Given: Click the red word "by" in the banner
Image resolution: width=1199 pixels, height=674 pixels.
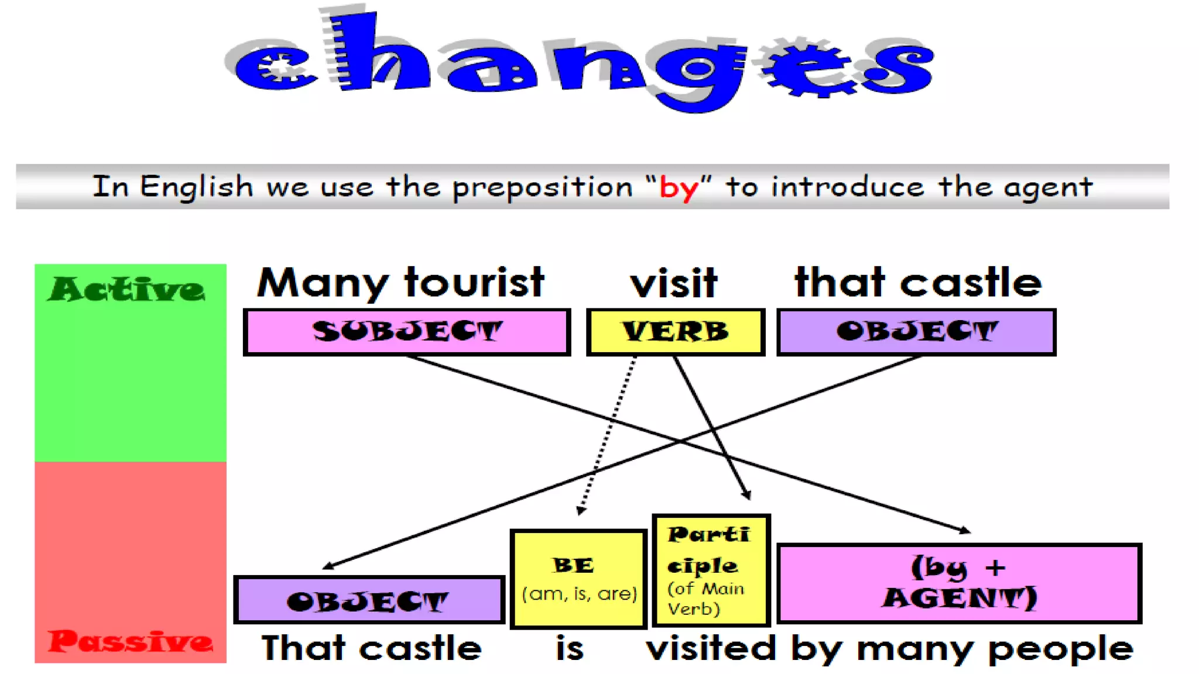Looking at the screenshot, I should point(679,188).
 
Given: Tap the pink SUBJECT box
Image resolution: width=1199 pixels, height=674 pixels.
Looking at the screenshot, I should point(407,332).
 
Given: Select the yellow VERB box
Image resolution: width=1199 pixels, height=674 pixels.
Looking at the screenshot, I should point(676,332).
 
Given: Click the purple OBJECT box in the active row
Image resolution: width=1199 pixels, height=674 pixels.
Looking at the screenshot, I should point(916,332).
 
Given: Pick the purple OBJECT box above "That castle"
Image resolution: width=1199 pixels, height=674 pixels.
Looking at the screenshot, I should point(369,600).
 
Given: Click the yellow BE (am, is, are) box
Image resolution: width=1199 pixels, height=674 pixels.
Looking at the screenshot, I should point(578,579).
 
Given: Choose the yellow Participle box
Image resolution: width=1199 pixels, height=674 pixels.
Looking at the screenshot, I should point(711,570).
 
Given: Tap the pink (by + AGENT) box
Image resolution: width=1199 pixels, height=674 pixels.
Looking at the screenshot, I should point(959,583).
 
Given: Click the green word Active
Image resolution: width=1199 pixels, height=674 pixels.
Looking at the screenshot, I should point(126,290).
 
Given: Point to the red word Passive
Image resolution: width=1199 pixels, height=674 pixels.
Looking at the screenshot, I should point(130,641).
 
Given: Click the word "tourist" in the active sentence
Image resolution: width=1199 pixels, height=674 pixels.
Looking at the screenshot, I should point(474,283).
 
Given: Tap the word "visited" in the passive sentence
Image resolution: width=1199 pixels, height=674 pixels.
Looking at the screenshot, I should point(711,648).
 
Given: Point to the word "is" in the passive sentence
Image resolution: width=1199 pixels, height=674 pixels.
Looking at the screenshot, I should point(570,648).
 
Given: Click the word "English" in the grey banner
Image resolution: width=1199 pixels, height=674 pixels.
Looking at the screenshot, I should point(196,187).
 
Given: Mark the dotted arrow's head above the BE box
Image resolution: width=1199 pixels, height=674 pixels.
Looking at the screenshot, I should point(580,510).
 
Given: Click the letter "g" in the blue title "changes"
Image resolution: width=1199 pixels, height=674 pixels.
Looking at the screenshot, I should point(697,73).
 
